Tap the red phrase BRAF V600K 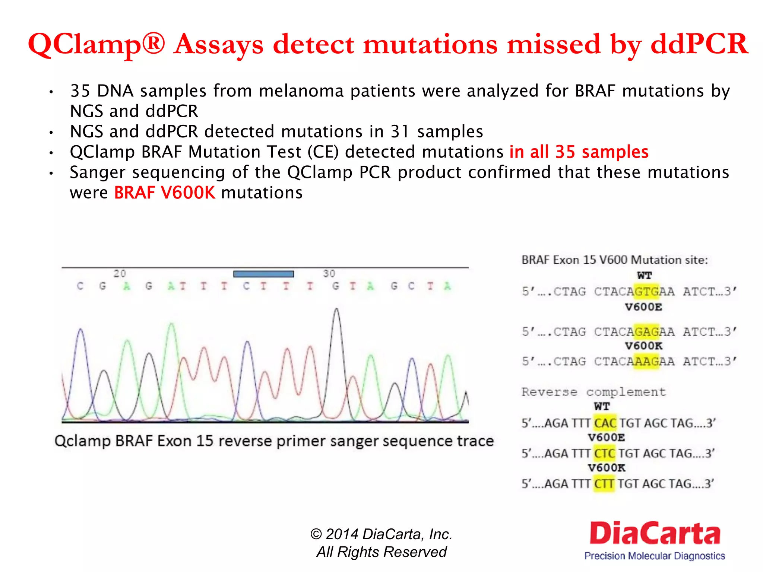click(x=164, y=193)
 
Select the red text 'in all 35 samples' click(x=579, y=152)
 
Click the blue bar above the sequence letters click(x=263, y=274)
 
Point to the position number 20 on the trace click(x=120, y=274)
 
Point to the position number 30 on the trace click(x=329, y=274)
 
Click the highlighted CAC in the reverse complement click(x=605, y=423)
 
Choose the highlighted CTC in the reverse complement click(x=604, y=454)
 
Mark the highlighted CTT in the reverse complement click(x=604, y=484)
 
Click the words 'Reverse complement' click(x=593, y=392)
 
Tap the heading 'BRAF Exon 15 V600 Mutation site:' click(x=614, y=260)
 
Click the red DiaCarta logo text click(x=655, y=534)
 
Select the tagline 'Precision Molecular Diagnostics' click(x=655, y=556)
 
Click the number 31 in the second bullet click(x=400, y=131)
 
